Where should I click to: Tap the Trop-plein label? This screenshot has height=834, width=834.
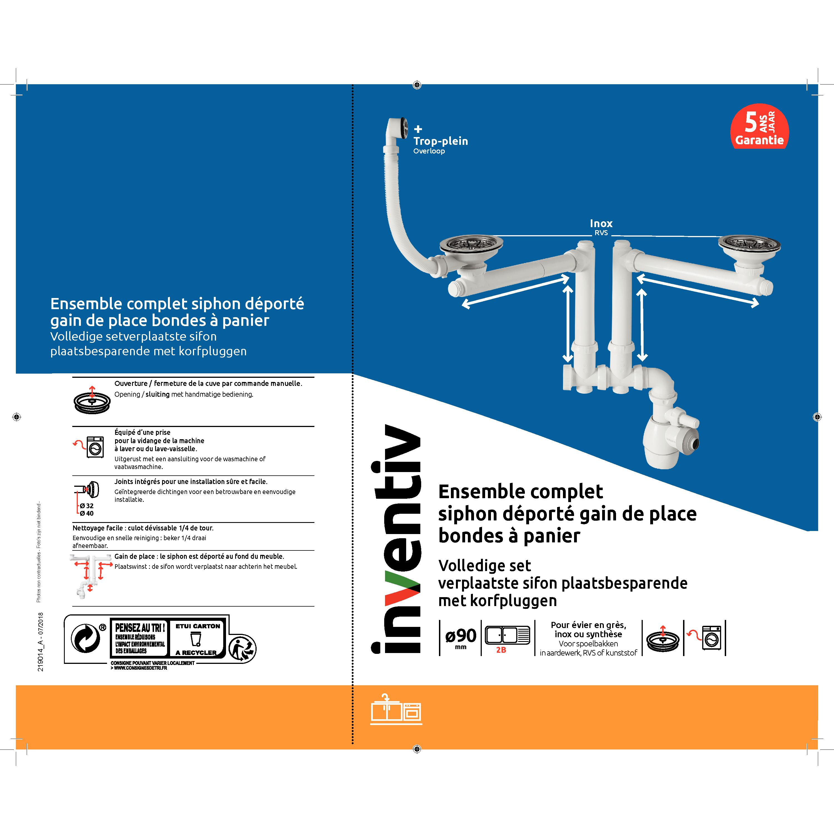[441, 141]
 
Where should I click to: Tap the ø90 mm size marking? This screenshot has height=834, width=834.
[461, 638]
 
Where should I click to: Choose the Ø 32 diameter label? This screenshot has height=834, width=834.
[86, 505]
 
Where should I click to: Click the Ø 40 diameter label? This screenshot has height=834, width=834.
[86, 513]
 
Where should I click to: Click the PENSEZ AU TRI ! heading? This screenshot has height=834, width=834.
[140, 628]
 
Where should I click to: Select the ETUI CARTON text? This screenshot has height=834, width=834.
[198, 626]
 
